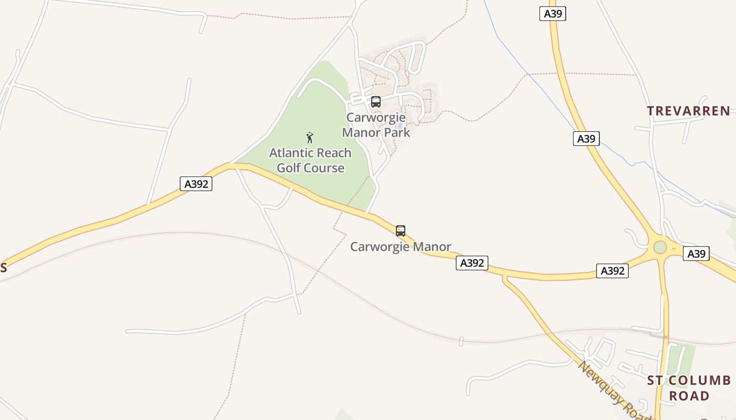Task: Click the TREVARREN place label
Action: [x=688, y=111]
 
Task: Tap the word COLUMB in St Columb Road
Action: [x=700, y=381]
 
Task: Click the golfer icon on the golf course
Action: [x=310, y=138]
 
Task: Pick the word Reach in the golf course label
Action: [x=332, y=153]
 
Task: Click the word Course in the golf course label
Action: [x=325, y=168]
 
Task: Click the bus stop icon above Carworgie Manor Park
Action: [x=375, y=102]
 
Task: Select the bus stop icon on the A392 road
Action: [x=401, y=231]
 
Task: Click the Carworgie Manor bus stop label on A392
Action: [x=401, y=247]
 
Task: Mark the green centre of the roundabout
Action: [x=660, y=247]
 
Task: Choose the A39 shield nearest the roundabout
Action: [x=696, y=254]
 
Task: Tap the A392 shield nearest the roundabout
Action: [x=612, y=271]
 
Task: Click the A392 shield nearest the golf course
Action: [x=196, y=184]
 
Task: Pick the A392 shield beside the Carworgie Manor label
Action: [x=472, y=263]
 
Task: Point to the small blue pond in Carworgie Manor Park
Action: [x=401, y=126]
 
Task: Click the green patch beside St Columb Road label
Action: [x=683, y=357]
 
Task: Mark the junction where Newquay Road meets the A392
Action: [x=505, y=277]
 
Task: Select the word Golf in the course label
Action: [x=289, y=168]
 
